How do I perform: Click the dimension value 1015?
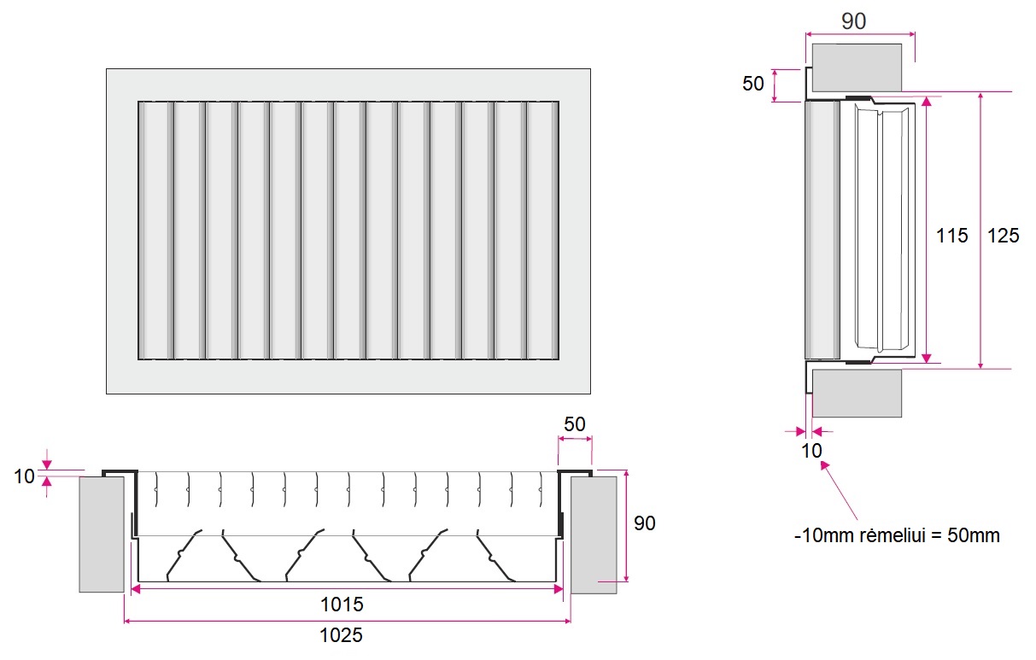coord(342,605)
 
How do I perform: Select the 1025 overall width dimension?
coord(342,635)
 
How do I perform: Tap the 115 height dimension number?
coord(951,235)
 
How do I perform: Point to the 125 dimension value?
coord(1003,235)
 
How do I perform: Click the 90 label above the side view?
coord(853,21)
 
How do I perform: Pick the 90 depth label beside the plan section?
coord(645,523)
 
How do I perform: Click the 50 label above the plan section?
coord(575,424)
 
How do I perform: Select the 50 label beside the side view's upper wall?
coord(753,84)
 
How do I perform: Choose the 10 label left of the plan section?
coord(24,476)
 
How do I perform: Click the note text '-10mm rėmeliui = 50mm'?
coord(897,536)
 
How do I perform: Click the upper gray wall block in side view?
coord(857,67)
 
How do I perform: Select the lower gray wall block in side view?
coord(857,393)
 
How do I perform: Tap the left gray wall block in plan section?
coord(102,534)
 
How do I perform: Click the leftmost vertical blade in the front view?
coord(155,231)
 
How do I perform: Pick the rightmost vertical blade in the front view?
coord(542,231)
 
